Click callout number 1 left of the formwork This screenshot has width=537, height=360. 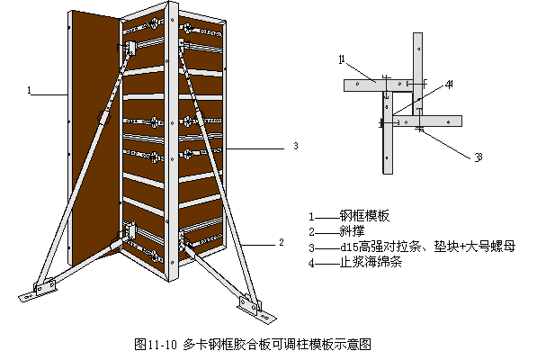tap(30, 90)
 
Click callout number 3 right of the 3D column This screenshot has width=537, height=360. tap(296, 146)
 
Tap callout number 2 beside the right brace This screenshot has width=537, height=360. tap(282, 242)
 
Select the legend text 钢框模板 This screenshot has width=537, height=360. tap(364, 216)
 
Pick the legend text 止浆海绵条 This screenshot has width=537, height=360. tap(371, 262)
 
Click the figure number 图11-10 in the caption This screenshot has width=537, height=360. tap(156, 344)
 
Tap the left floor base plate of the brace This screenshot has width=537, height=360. tap(38, 291)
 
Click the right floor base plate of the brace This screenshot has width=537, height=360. tap(257, 311)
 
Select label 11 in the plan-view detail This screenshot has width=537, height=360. tap(342, 59)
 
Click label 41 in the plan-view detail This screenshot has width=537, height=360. tap(450, 84)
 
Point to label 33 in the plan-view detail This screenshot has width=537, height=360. tap(479, 157)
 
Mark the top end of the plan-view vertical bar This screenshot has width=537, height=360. tap(417, 33)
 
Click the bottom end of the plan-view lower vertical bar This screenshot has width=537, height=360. tap(388, 174)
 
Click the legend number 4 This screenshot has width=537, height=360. tap(311, 263)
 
